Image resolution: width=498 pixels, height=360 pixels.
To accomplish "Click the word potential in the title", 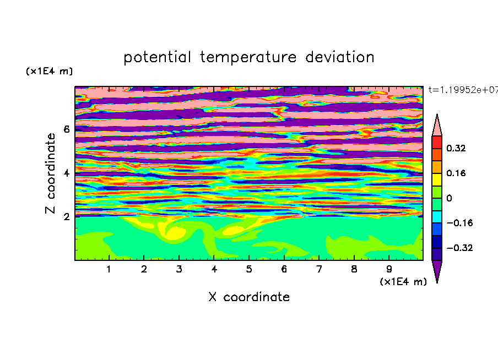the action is [157, 58].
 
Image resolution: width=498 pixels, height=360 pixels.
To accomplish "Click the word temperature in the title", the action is [248, 58].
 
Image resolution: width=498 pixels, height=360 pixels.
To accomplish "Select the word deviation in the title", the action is [339, 57].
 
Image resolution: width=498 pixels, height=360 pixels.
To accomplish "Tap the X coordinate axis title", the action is [249, 297].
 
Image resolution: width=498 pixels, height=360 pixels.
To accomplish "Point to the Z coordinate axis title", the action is [51, 173].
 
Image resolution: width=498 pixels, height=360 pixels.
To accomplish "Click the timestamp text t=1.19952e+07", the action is [463, 90].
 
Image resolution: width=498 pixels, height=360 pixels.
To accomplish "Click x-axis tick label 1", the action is [109, 269].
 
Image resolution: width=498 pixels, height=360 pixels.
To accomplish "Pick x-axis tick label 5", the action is [249, 269].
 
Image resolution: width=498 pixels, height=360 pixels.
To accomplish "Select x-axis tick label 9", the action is [389, 269].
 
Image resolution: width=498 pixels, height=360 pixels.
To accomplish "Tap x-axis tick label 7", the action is [319, 269].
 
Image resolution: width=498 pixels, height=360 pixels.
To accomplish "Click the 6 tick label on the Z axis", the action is [66, 129].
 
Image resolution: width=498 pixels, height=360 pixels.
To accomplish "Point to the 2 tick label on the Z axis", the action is [66, 217].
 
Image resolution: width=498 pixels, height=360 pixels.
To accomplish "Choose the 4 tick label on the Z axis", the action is [66, 173].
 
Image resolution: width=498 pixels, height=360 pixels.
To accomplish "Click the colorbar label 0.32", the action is [456, 148].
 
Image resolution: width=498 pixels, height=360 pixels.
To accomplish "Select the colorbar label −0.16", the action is [459, 223].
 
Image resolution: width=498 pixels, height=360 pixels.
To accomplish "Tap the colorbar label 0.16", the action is [456, 173].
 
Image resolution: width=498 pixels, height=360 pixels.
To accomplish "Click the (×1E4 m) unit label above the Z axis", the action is [49, 71].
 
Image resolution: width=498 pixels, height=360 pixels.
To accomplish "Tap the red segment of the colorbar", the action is [437, 142].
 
